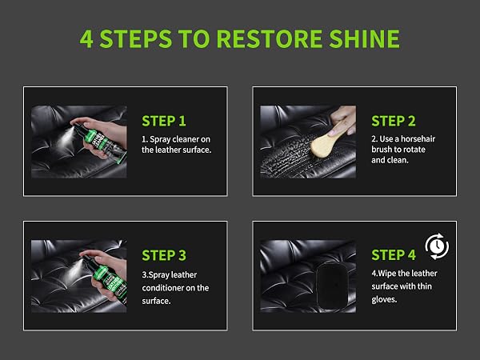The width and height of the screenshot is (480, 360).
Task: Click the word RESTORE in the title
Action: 270,39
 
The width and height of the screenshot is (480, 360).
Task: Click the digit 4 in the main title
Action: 86,39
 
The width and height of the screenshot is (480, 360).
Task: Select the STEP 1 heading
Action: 164,121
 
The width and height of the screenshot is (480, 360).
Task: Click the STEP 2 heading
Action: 394,121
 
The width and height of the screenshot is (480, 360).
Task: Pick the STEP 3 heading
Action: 164,255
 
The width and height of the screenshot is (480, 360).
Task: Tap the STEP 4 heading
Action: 394,255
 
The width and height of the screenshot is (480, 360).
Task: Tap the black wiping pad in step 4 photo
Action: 332,286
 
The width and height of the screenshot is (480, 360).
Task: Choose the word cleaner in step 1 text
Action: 179,139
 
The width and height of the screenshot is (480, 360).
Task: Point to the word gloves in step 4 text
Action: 384,299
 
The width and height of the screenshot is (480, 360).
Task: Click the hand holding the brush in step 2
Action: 343,119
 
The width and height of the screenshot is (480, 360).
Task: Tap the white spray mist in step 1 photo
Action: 66,138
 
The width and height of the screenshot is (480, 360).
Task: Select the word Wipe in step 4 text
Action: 386,274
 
